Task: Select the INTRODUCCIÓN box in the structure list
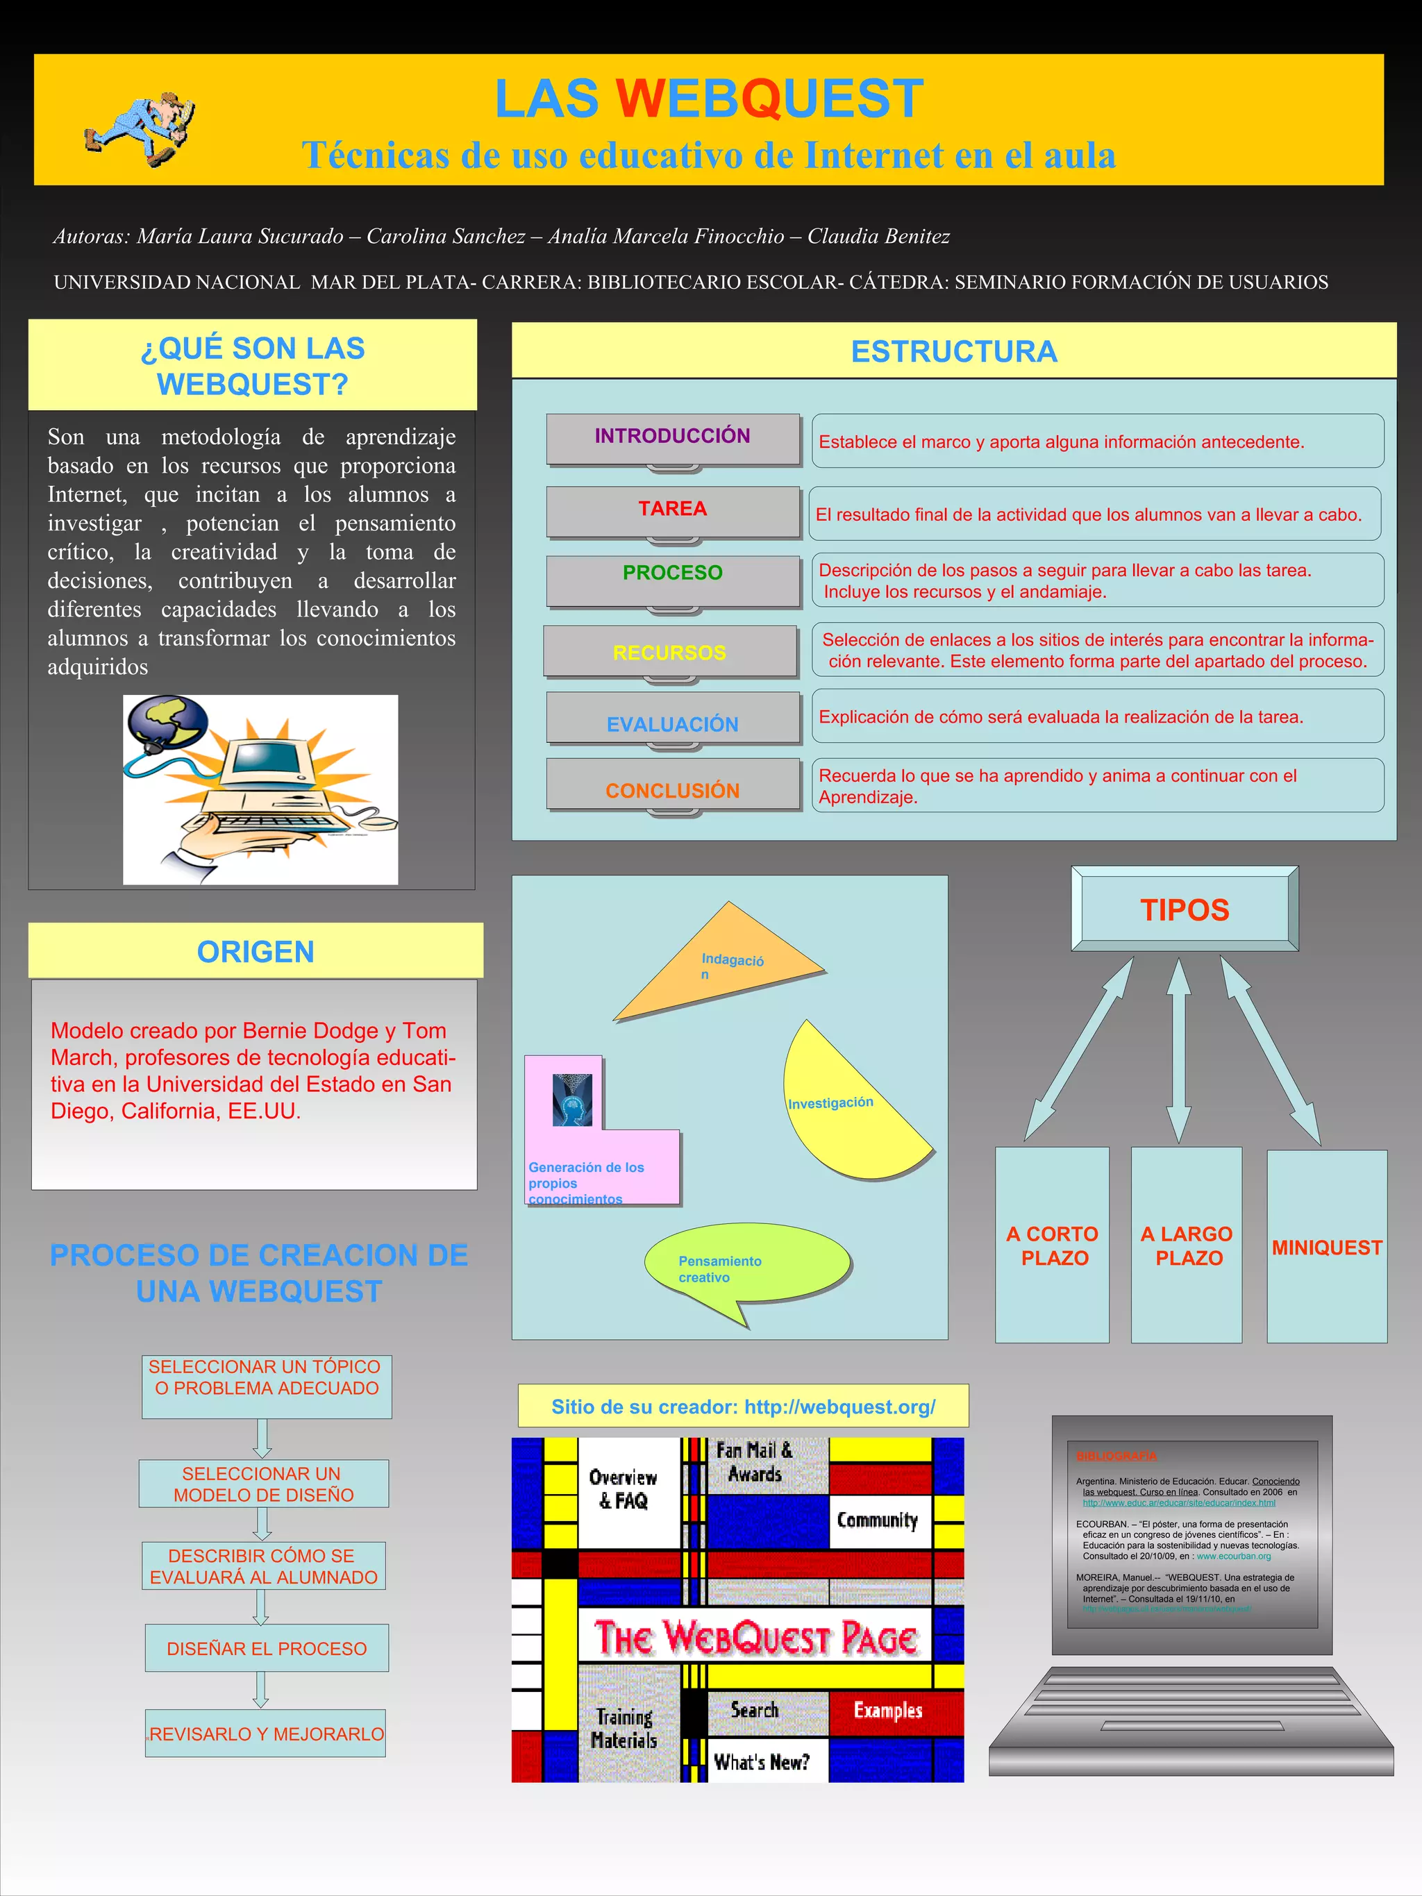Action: pos(673,438)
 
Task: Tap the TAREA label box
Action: pos(673,510)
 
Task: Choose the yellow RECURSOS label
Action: pos(669,653)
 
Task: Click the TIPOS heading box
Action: pos(1185,909)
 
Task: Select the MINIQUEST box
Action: pos(1327,1247)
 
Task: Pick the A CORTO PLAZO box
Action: pos(1053,1245)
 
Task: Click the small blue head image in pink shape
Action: pos(571,1100)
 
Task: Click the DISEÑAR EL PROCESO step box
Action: pos(267,1648)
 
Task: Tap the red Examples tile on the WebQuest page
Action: pos(887,1711)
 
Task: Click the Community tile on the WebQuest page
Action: pos(878,1520)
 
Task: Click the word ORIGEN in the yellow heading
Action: pos(256,951)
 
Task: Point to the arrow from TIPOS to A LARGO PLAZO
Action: pos(1180,1050)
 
